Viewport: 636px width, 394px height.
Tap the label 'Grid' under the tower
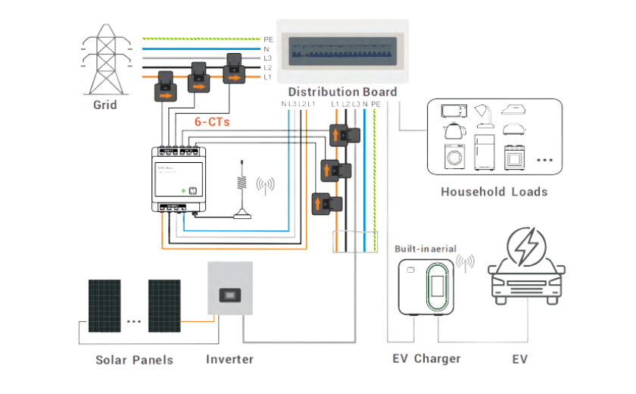click(105, 105)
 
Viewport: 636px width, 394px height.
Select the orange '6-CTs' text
click(212, 121)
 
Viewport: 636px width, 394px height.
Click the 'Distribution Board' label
click(342, 92)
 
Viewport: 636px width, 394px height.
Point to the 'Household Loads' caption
click(494, 192)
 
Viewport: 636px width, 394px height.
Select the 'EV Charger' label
click(426, 358)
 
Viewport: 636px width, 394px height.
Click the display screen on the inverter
click(228, 294)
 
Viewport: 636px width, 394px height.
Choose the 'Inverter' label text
click(229, 359)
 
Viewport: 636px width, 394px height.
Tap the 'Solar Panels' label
click(134, 359)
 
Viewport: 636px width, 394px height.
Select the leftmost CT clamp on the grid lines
click(165, 86)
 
